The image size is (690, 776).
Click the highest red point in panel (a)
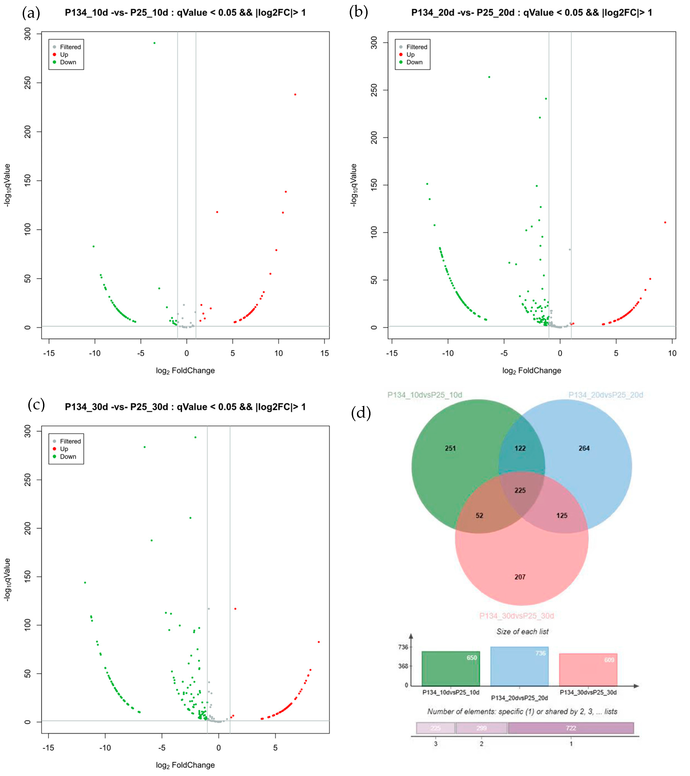[295, 95]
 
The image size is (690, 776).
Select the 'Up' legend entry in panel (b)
[410, 55]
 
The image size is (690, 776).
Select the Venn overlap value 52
[479, 515]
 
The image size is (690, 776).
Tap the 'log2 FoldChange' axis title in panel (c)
[185, 765]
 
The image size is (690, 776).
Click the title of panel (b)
[531, 13]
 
